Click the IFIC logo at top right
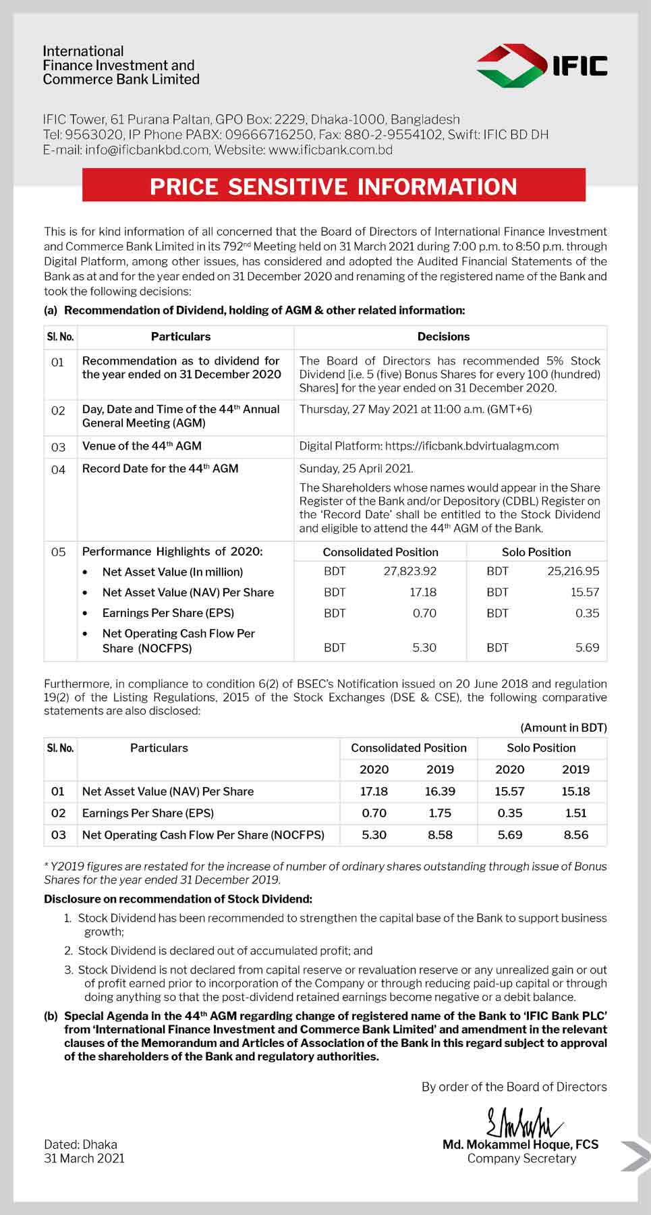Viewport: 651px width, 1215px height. pos(542,65)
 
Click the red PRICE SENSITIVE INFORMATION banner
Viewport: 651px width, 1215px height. pos(333,186)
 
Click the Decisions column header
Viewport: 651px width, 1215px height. pos(443,336)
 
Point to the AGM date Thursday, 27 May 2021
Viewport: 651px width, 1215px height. pos(416,409)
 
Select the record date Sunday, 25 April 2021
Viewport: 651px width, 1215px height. pos(356,468)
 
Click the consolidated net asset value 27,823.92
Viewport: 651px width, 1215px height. pos(409,571)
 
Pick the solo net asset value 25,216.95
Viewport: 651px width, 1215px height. pos(573,571)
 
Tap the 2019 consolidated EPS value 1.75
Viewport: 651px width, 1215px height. pos(440,813)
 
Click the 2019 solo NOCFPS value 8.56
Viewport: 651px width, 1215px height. pos(575,834)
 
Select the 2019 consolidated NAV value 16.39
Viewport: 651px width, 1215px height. pos(440,791)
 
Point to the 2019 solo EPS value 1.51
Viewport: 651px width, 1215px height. pos(575,813)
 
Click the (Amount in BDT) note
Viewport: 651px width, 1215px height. pos(563,728)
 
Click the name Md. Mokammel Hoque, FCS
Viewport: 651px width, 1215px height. pos(520,1144)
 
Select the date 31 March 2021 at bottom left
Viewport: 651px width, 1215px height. pos(84,1158)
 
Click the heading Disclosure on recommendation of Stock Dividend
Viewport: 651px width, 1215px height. pos(178,898)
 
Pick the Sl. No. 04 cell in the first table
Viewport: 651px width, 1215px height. pos(59,469)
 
